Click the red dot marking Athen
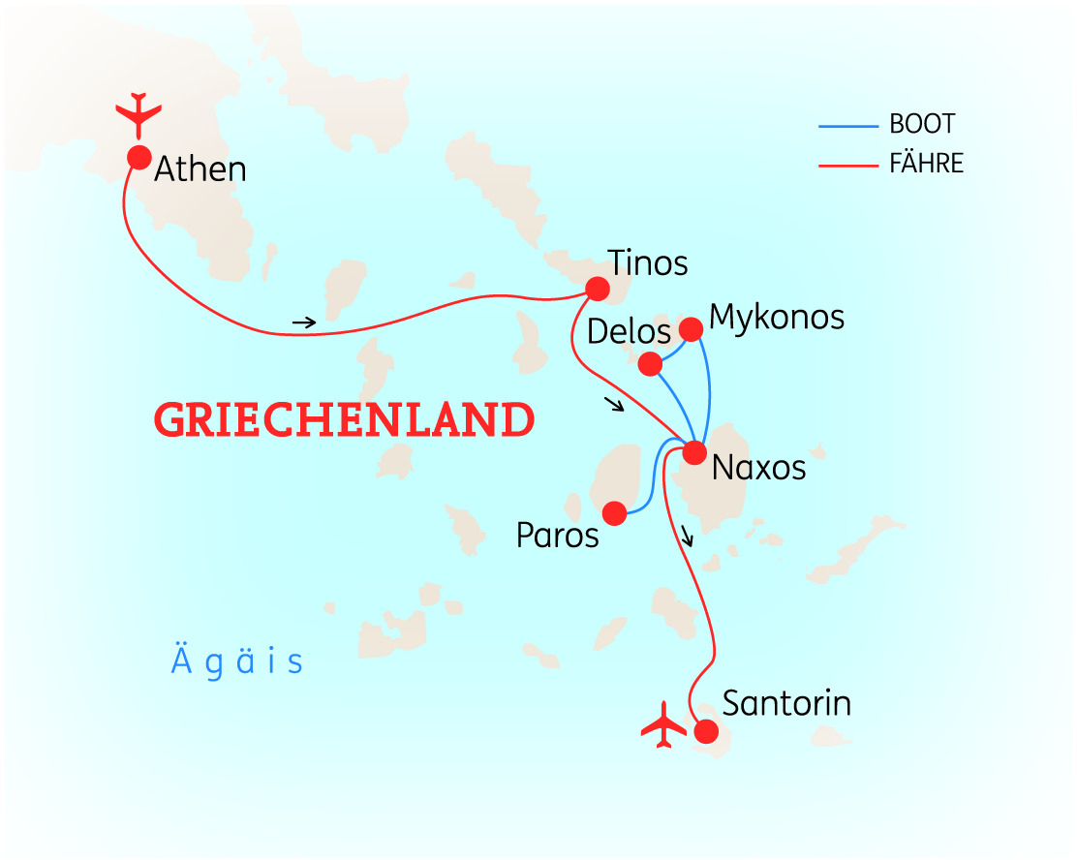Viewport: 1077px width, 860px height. click(x=138, y=157)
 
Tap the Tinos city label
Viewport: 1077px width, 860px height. click(x=648, y=263)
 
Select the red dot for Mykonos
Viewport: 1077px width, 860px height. click(x=691, y=329)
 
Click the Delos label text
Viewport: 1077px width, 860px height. click(x=630, y=332)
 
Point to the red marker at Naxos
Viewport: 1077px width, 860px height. click(x=694, y=452)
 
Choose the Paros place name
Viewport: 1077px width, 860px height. click(x=558, y=536)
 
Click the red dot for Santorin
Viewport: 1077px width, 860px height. click(x=706, y=731)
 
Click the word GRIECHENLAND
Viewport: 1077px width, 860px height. click(x=345, y=421)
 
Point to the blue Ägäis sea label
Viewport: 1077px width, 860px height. click(x=237, y=662)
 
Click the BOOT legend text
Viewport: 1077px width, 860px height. click(x=922, y=125)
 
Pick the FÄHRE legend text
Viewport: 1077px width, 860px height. click(x=927, y=165)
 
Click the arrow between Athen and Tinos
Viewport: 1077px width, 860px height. click(x=304, y=322)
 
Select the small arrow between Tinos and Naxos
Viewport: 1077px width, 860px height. click(x=613, y=405)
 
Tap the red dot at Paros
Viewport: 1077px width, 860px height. click(x=612, y=512)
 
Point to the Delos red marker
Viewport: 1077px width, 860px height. click(x=651, y=364)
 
